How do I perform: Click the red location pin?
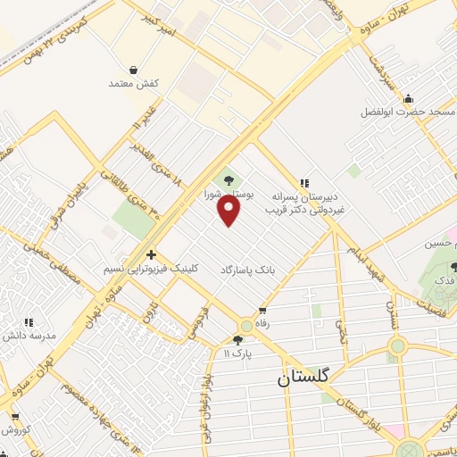(x=230, y=210)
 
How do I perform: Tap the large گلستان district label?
(x=303, y=377)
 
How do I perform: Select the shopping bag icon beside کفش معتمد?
(x=134, y=70)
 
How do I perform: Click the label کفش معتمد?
(x=134, y=83)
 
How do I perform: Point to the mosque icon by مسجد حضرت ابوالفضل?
(x=408, y=98)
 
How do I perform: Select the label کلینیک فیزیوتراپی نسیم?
(x=153, y=269)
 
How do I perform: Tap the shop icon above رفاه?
(x=262, y=312)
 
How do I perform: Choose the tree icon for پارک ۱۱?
(x=237, y=339)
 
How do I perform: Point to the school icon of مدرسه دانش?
(x=29, y=321)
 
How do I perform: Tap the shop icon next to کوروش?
(x=14, y=416)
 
